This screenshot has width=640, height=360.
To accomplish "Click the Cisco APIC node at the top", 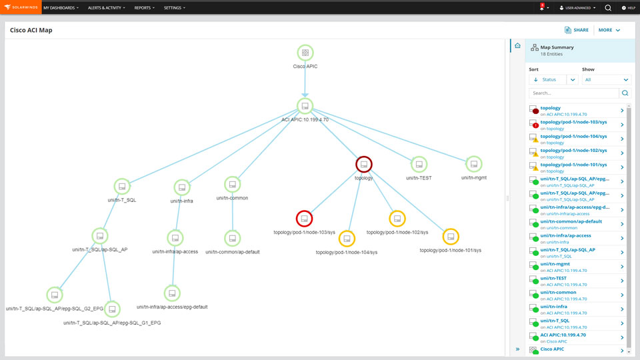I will click(305, 53).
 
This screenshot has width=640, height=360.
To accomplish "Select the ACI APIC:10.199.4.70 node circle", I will click(305, 106).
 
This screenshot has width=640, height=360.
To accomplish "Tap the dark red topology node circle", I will click(363, 164).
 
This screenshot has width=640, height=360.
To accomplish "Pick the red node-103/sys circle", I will click(304, 218).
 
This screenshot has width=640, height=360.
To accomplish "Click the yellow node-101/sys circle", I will click(451, 236).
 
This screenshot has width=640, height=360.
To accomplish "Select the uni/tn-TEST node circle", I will click(419, 164).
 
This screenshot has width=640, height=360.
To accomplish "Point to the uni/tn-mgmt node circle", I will click(474, 163).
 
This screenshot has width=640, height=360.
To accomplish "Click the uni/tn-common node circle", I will click(232, 184).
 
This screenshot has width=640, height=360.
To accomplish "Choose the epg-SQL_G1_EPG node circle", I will click(112, 309).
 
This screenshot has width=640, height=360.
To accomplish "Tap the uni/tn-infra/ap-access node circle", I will click(175, 237).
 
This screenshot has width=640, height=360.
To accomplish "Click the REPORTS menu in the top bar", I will click(144, 8).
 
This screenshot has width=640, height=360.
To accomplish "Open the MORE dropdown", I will click(609, 30).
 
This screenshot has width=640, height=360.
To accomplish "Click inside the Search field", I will click(573, 93).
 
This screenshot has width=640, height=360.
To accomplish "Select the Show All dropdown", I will click(606, 79).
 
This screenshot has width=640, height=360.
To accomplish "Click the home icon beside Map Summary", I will click(517, 45).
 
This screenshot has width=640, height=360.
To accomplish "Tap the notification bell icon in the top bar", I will click(542, 8).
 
